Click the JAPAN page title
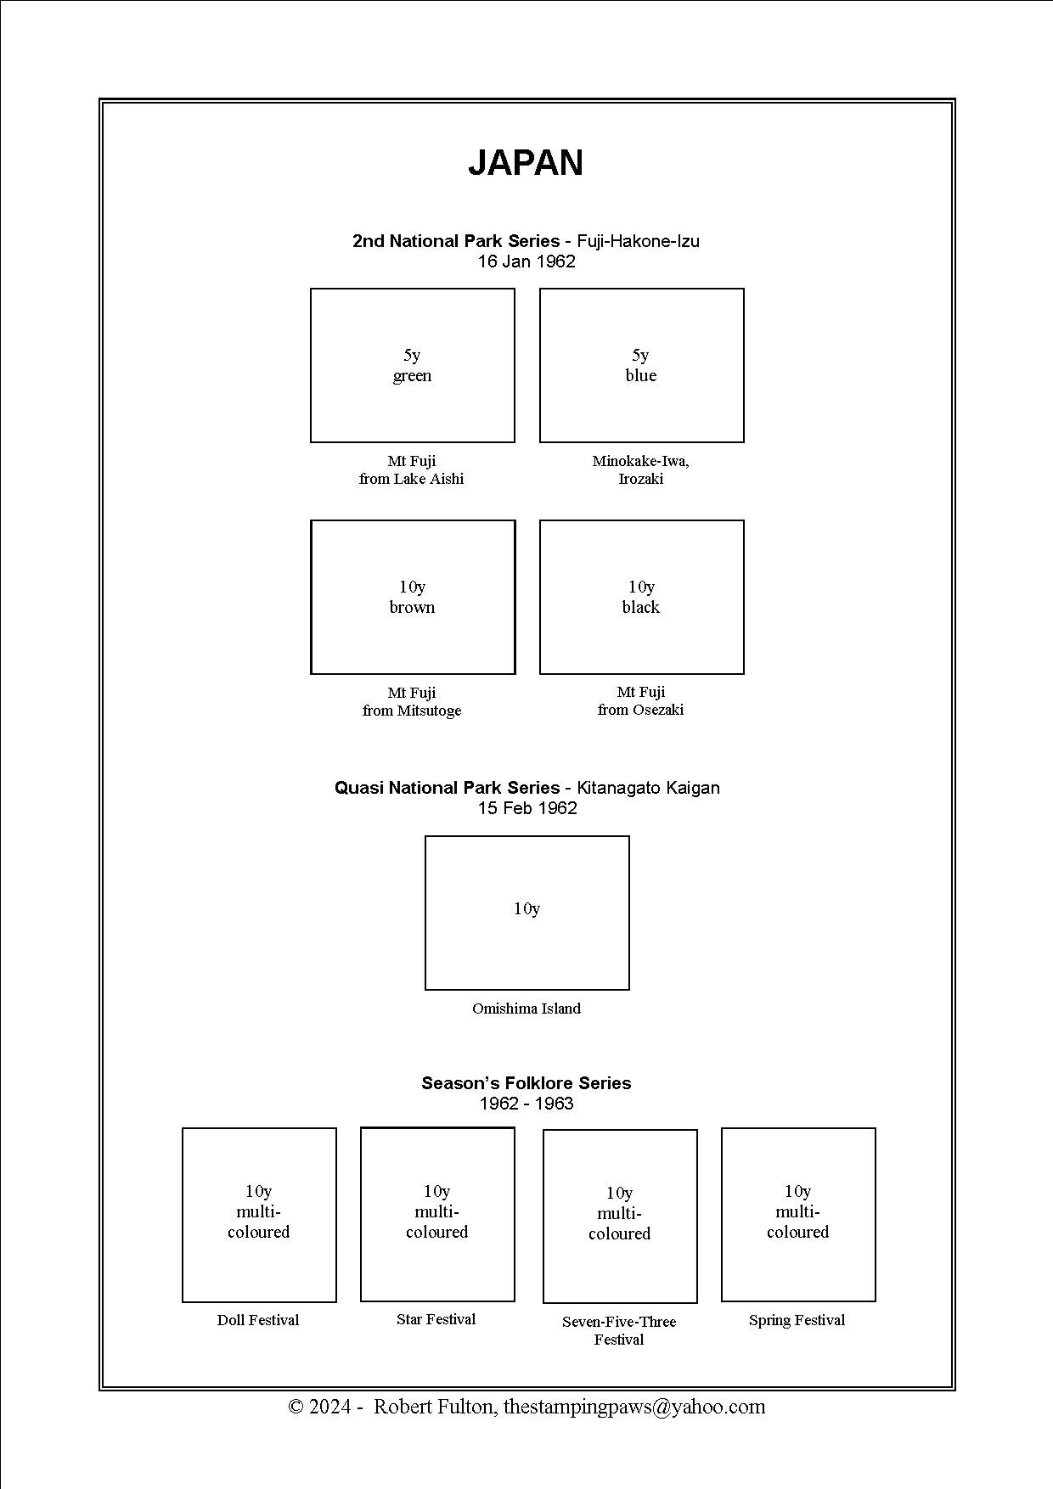coord(526,163)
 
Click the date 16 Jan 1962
coord(526,261)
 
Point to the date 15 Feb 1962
coord(527,808)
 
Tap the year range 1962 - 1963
coord(526,1104)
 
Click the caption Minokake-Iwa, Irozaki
coord(641,469)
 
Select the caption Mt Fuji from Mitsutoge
coord(412,701)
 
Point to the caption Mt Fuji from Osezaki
coord(641,700)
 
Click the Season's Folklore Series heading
coord(526,1083)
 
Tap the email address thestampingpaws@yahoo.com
coord(634,1407)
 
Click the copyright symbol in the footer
coord(296,1407)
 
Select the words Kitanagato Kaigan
coord(648,788)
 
